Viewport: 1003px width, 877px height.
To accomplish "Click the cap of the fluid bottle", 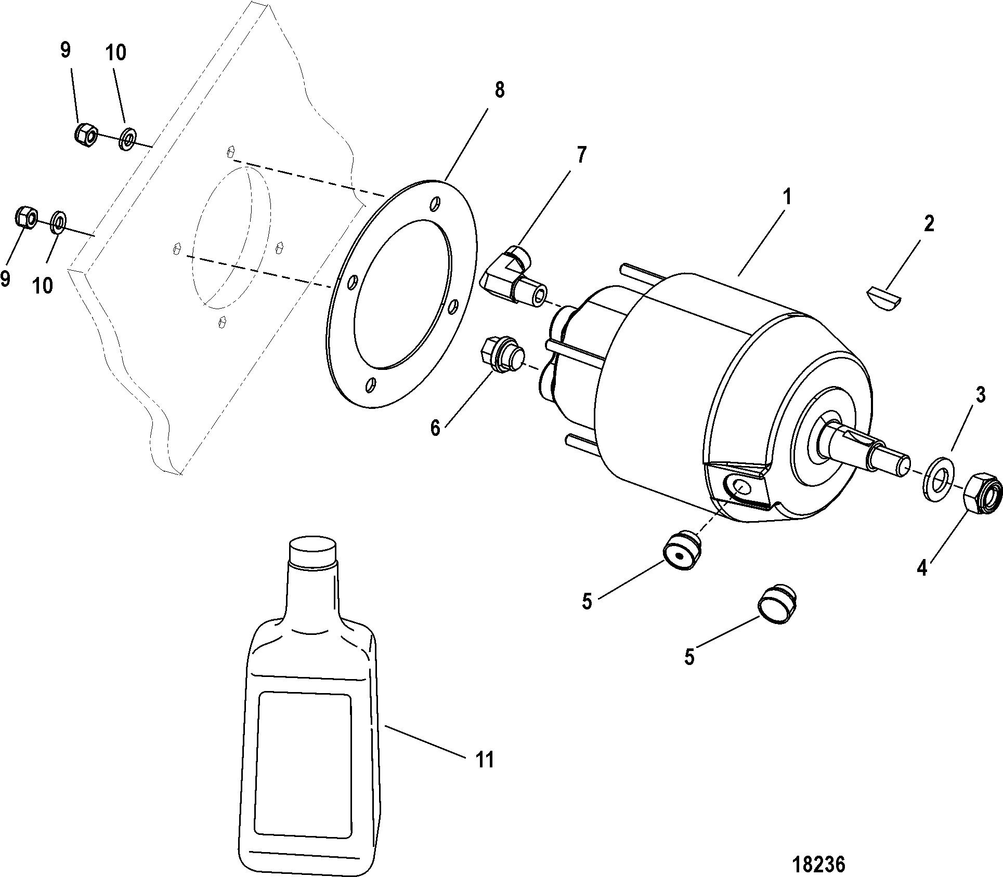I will click(312, 551).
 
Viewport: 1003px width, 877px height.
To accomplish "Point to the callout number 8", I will click(499, 90).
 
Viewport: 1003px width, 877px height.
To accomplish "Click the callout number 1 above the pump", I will click(787, 197).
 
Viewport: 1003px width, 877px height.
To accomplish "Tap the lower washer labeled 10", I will click(58, 222).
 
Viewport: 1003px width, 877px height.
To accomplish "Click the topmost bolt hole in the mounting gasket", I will click(436, 203).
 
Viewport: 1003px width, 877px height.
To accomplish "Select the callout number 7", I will click(581, 154).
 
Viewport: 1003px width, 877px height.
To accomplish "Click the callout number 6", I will click(435, 428).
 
